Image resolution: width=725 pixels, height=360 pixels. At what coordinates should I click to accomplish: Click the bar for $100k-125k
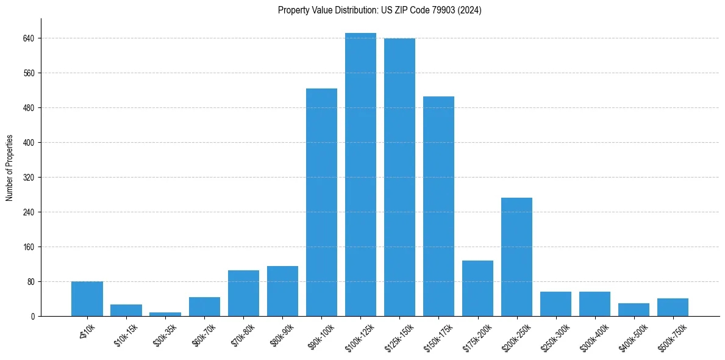(360, 175)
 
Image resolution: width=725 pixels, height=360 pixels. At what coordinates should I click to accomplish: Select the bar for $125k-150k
(399, 177)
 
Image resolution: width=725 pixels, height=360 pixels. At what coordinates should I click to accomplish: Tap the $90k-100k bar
(321, 202)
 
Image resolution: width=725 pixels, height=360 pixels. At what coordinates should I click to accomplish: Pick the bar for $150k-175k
(438, 206)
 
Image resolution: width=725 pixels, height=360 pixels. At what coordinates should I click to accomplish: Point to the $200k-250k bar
(516, 257)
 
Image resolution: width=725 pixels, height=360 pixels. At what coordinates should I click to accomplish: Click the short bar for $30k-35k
(165, 314)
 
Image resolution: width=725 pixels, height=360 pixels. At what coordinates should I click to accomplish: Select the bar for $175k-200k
(477, 288)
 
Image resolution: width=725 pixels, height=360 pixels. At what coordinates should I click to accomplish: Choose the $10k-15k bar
(126, 310)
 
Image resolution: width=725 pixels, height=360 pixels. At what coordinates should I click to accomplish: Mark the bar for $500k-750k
(673, 307)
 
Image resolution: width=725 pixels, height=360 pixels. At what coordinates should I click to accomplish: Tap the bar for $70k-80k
(243, 293)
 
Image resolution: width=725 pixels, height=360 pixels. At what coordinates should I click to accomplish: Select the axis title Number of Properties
(10, 168)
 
